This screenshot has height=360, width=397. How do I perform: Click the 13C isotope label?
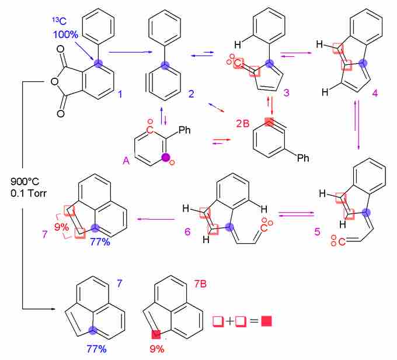pos(60,21)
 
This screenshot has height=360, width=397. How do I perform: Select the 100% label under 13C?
pos(65,34)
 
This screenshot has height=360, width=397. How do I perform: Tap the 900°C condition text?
pos(25,181)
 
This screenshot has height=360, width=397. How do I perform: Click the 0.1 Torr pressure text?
pos(29,193)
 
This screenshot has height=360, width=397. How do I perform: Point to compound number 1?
pos(120,94)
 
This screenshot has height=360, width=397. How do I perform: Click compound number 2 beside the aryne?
pos(191,94)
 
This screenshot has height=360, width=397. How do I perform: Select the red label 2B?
pos(243,123)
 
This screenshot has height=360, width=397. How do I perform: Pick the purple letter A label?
pos(126,161)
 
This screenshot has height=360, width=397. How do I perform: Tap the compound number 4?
pos(375,94)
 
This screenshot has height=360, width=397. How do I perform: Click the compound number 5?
pos(317,231)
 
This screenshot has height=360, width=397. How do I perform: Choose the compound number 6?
pos(187,231)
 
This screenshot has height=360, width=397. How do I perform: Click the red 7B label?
pos(200,284)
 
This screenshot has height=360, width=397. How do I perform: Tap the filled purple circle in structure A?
pos(166,157)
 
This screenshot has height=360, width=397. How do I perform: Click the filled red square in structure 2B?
pos(269,122)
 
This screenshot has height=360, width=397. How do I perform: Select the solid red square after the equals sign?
pos(267,321)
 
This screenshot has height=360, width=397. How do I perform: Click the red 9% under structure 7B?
pos(157,349)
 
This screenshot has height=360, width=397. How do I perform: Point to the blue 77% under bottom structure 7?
pos(96,349)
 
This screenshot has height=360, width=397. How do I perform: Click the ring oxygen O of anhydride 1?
pos(54,81)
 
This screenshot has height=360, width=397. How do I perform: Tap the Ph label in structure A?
pos(184,130)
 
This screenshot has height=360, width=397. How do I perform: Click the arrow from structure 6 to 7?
pos(156,219)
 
